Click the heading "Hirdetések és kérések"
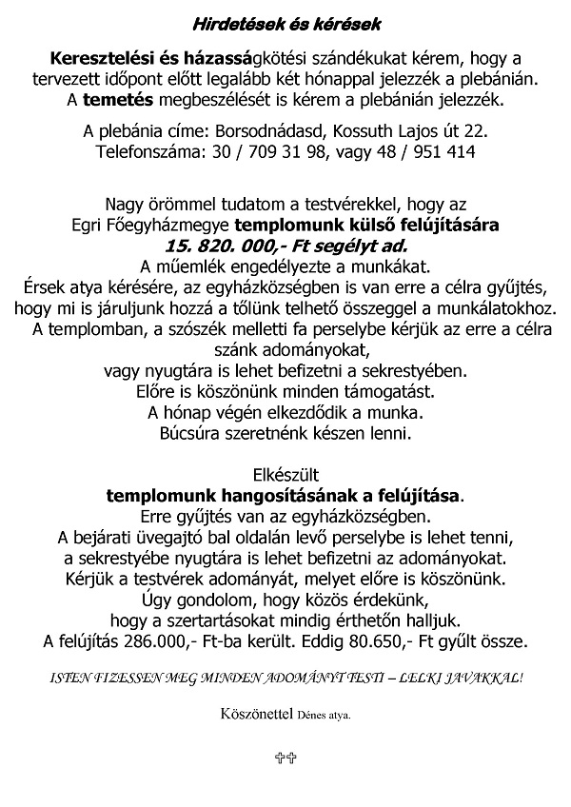coord(285,22)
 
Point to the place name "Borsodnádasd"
coord(293,128)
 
